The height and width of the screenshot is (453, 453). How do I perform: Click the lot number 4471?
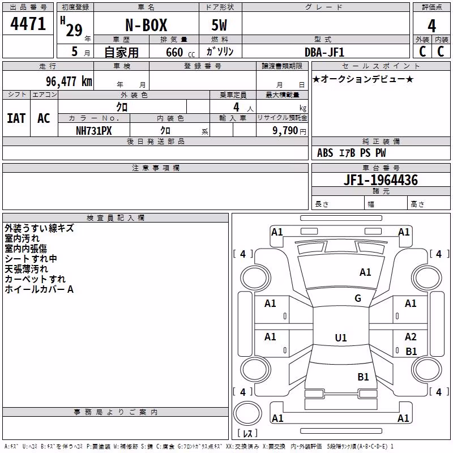pos(28,24)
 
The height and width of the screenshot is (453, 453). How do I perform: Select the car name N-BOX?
pos(146,25)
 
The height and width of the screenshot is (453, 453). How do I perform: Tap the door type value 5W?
pos(219,25)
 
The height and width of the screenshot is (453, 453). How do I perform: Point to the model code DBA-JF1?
pos(324,52)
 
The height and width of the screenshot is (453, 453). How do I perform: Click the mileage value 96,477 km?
pos(69,82)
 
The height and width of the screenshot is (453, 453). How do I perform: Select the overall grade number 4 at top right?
pos(431,26)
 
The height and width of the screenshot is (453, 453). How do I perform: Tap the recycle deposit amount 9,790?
pos(285,131)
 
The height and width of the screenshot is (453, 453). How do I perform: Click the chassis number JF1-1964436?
pos(381,180)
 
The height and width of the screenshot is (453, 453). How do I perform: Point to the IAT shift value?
pos(16,118)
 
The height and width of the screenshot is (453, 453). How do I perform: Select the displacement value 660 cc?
pos(181,53)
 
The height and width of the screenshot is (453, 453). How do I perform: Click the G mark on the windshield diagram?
pos(358,298)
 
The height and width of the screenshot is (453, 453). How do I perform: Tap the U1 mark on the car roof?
pos(341,337)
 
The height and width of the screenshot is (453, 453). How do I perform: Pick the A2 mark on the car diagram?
pos(411,337)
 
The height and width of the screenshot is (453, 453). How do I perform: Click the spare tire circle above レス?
pos(247,413)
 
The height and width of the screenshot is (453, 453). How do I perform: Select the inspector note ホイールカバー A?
pos(39,289)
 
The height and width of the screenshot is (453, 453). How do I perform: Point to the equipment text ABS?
pos(325,153)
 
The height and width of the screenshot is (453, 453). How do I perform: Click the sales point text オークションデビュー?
pos(363,79)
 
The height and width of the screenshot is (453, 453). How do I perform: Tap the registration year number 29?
pos(74,30)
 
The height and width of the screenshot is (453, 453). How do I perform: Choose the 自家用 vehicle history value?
pos(121,52)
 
